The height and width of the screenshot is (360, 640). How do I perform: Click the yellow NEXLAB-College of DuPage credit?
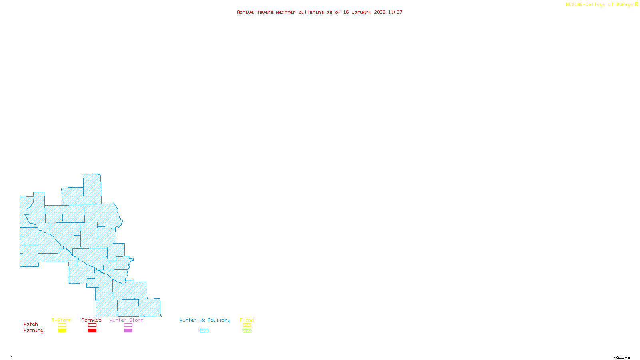click(600, 5)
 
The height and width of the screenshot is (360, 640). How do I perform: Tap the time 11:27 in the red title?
click(395, 12)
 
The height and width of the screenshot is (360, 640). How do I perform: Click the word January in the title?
click(361, 12)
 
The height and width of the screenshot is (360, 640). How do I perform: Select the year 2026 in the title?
click(380, 12)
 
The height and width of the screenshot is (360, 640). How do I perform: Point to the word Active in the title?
click(245, 12)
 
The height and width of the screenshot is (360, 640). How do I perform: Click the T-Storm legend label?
click(62, 320)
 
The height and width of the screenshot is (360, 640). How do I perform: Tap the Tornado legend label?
click(92, 320)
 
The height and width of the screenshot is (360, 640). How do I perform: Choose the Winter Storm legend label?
click(126, 320)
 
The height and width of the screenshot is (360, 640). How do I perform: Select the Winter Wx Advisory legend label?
click(205, 320)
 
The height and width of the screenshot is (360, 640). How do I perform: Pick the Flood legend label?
click(247, 320)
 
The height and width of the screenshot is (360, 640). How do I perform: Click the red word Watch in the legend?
click(31, 324)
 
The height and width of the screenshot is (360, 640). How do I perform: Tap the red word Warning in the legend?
click(34, 330)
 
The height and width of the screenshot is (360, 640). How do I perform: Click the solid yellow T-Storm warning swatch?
click(62, 331)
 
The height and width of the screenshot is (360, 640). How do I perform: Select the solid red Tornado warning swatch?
click(92, 331)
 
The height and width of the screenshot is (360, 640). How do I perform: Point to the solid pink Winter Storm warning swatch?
click(128, 331)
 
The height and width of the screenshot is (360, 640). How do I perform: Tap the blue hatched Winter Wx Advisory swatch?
click(204, 331)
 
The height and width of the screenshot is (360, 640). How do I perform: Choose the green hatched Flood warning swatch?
click(247, 331)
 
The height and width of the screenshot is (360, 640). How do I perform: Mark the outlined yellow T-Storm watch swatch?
click(62, 325)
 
